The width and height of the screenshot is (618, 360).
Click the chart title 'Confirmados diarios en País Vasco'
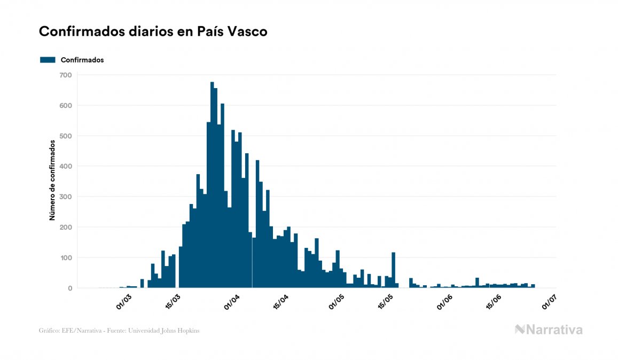point(153,32)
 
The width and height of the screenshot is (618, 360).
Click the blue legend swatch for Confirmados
point(48,60)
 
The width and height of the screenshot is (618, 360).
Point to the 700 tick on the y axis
point(65,75)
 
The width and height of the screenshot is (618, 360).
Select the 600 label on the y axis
point(65,105)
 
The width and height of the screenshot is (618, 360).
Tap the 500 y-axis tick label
point(65,136)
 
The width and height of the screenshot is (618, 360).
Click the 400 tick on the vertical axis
point(65,166)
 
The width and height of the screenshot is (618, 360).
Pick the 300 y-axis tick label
point(65,197)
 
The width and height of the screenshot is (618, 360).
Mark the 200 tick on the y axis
point(65,227)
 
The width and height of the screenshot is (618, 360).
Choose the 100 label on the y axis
point(65,258)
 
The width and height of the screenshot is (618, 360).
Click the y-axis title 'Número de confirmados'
point(52,181)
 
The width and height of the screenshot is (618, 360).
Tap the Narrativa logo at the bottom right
point(549,330)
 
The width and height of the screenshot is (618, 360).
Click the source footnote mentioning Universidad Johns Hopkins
point(119,331)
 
